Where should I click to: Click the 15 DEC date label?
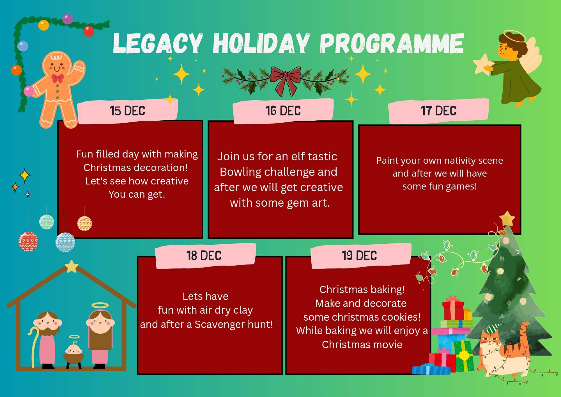(x=127, y=111)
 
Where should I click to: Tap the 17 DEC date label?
(x=438, y=111)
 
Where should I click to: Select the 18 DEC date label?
(x=204, y=256)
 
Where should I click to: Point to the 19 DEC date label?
(x=359, y=256)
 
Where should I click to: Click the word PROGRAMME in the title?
(x=392, y=43)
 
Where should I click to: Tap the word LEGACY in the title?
(x=158, y=43)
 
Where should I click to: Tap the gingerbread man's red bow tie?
(x=58, y=78)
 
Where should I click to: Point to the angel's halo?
(x=515, y=36)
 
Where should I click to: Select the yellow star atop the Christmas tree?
(x=507, y=219)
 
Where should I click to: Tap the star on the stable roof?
(x=72, y=266)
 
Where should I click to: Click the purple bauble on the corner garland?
(x=67, y=19)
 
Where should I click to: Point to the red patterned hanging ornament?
(x=28, y=241)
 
